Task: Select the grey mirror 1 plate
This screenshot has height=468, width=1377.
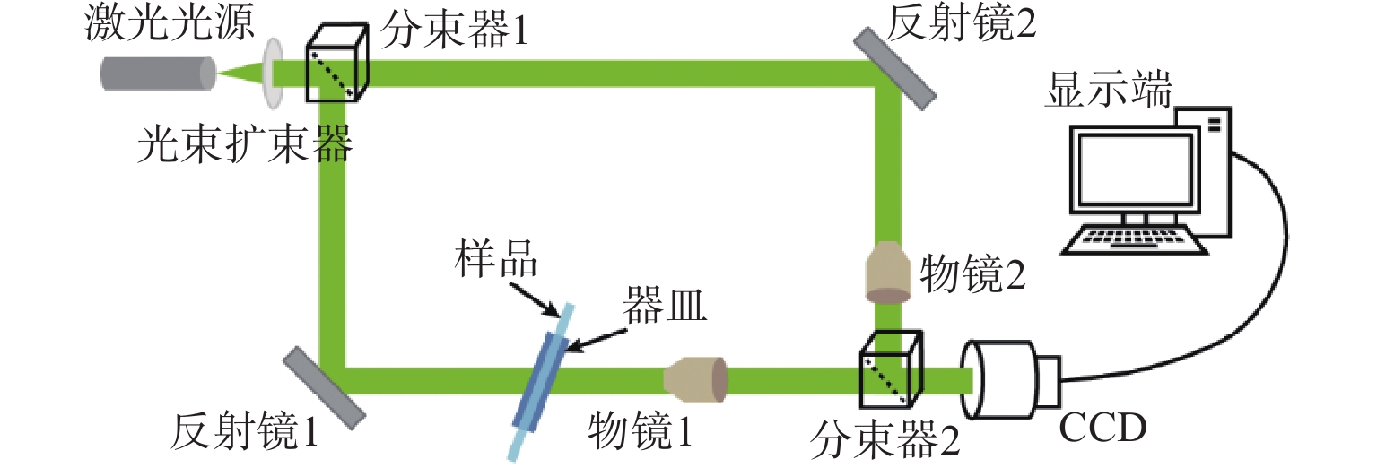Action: coord(325,386)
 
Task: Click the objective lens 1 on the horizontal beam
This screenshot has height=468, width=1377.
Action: coord(696,378)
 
